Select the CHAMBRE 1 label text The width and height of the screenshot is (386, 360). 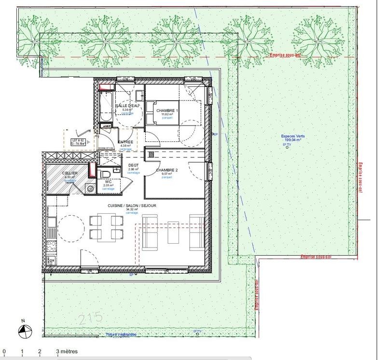click(167, 111)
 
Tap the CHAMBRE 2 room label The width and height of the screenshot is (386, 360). click(167, 170)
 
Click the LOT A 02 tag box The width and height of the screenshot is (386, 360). click(79, 141)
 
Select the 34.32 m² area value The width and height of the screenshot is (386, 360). click(132, 210)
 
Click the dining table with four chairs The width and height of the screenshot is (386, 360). click(105, 228)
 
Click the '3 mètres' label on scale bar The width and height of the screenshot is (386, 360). click(67, 352)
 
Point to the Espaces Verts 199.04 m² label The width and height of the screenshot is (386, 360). click(293, 138)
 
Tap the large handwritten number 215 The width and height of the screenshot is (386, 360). click(91, 318)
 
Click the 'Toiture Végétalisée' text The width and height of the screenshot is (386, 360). click(121, 334)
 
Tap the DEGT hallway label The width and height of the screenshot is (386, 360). click(133, 165)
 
